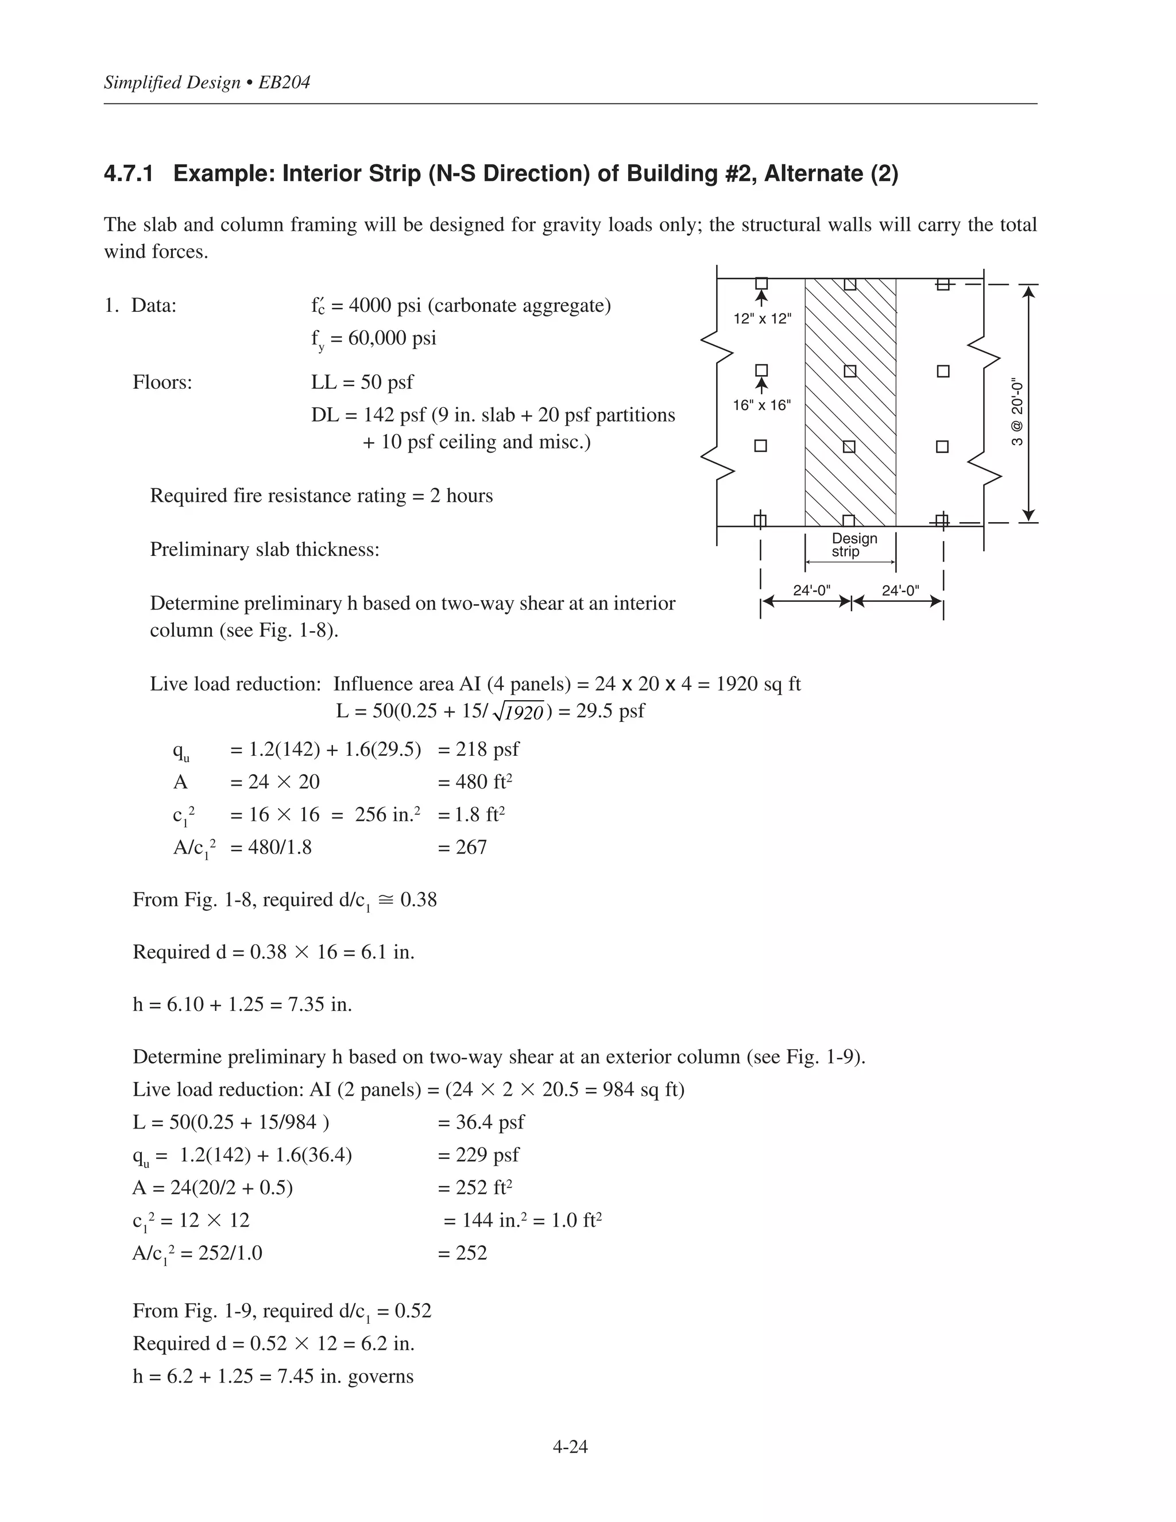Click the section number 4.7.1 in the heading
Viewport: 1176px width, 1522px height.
click(128, 173)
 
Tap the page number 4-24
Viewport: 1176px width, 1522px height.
click(570, 1447)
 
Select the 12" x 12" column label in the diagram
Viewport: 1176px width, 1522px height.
click(762, 319)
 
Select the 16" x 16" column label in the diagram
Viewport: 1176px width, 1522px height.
click(761, 405)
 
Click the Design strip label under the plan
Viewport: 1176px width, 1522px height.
click(853, 545)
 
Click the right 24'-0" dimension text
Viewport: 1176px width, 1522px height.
click(900, 591)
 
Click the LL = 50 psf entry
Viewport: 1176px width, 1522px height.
click(362, 382)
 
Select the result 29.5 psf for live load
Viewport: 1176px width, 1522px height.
click(610, 711)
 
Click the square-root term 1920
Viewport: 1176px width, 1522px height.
click(524, 712)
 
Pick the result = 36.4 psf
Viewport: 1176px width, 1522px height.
click(481, 1122)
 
